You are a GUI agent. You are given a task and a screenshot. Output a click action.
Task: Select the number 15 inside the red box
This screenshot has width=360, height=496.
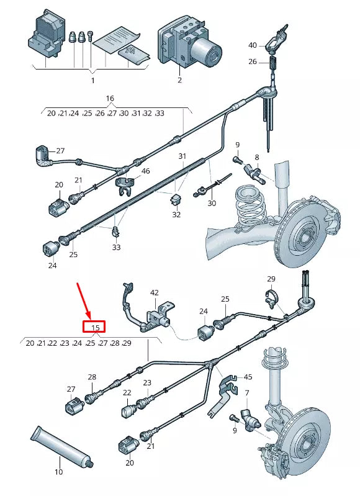pos(96,328)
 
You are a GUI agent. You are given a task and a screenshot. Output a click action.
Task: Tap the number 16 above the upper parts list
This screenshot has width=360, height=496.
pos(110,99)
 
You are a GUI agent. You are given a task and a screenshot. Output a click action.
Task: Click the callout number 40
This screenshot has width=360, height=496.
pos(252,45)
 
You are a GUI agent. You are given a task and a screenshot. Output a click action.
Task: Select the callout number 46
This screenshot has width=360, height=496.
pos(146,171)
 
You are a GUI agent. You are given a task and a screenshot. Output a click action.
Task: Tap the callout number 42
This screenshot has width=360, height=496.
pos(155,292)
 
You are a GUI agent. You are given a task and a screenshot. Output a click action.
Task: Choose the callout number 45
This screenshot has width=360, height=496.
pos(248,376)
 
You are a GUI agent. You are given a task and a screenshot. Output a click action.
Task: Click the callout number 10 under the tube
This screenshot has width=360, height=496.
pos(58,472)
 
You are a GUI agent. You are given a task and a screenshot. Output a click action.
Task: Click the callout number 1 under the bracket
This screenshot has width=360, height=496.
pos(92,80)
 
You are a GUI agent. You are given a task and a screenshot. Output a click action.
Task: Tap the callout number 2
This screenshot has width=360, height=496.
pos(179,80)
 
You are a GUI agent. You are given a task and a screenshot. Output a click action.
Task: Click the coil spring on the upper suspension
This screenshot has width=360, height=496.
pos(251,208)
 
